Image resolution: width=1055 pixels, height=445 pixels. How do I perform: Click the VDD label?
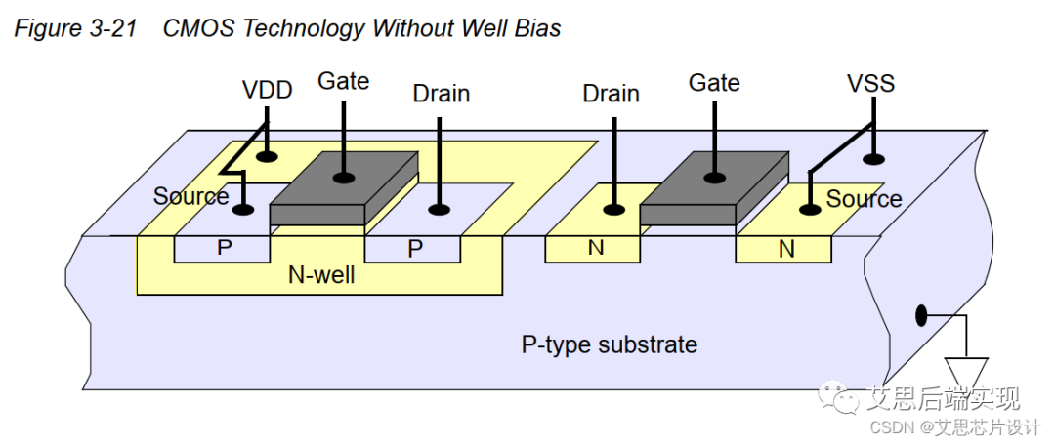(267, 91)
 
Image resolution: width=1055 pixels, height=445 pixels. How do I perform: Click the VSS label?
(870, 83)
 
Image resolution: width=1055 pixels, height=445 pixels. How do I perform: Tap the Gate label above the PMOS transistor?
(343, 81)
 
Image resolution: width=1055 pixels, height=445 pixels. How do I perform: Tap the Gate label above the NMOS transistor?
(714, 83)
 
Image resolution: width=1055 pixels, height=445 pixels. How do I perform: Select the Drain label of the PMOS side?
(441, 94)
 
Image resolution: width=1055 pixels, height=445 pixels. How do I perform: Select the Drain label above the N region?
(611, 94)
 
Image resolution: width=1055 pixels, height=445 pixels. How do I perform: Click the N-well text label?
(321, 275)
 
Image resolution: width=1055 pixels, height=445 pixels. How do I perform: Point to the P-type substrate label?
(609, 344)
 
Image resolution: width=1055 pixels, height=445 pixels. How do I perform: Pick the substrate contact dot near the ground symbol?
(920, 315)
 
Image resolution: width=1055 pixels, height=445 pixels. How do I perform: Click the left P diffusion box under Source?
(224, 248)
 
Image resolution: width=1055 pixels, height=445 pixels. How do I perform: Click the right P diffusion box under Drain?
(414, 249)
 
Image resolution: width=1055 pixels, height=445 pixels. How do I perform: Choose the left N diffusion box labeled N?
(595, 248)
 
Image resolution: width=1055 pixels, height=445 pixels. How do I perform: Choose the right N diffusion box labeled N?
(785, 249)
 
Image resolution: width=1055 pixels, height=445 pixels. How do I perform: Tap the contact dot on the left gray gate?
(343, 177)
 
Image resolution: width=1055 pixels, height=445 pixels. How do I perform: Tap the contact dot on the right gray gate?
(714, 177)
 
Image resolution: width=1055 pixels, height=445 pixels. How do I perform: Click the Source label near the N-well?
(190, 196)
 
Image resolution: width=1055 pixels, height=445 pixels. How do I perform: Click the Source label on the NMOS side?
(864, 199)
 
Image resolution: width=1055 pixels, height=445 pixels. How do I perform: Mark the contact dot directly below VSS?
(871, 158)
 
